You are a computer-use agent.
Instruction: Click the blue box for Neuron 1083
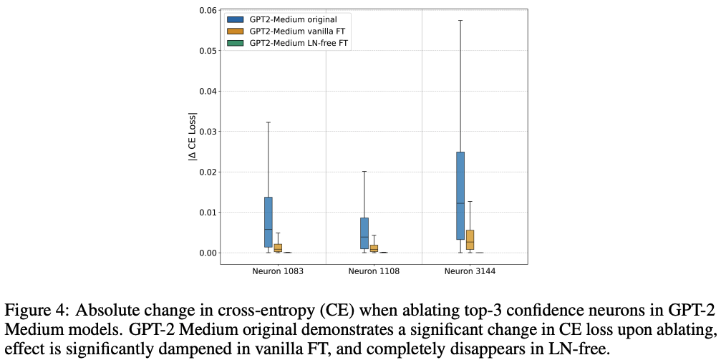268,222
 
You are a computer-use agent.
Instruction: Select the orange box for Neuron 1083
278,248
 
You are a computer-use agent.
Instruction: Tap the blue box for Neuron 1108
364,233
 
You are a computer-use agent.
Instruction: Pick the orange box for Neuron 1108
374,248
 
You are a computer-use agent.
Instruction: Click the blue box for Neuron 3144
460,195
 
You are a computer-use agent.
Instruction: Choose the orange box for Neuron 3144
470,240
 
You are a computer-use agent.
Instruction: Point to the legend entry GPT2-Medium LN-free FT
293,43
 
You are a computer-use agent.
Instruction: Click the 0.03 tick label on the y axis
206,132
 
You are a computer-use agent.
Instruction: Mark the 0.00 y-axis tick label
206,253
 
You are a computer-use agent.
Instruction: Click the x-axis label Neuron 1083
277,272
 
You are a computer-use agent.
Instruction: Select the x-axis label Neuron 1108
373,272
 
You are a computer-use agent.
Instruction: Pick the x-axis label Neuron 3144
469,272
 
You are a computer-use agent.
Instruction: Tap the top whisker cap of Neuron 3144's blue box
460,20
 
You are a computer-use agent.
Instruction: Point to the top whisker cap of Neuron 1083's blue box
268,122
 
